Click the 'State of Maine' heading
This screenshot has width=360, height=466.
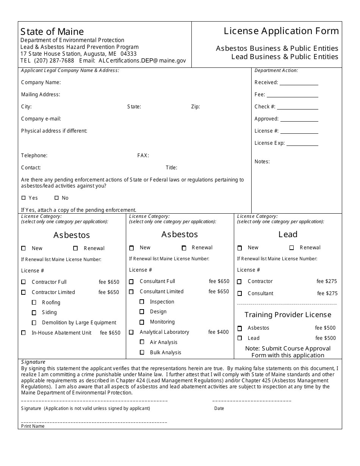point(52,31)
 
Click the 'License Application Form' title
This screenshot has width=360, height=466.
point(281,31)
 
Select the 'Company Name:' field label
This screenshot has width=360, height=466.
point(41,82)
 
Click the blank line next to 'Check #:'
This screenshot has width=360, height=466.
point(297,107)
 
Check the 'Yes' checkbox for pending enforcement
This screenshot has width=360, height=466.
point(24,198)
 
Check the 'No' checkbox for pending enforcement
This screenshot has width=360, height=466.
point(56,198)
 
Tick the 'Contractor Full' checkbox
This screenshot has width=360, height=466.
point(23,282)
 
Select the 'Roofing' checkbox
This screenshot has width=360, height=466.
point(34,302)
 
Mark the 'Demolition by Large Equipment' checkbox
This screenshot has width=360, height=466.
point(34,323)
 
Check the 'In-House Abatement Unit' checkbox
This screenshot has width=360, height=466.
point(23,333)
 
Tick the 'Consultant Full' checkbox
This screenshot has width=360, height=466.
point(131,281)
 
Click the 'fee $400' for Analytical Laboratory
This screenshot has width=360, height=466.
point(219,332)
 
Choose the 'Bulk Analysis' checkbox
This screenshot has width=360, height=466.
point(142,352)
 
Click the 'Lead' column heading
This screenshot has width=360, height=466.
point(288,234)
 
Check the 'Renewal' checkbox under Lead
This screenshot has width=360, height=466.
point(291,248)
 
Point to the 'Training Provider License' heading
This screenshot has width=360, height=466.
point(288,314)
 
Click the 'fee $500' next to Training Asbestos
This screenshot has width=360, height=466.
point(325,328)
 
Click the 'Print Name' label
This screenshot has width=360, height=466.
point(33,426)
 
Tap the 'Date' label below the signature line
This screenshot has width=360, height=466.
point(219,408)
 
